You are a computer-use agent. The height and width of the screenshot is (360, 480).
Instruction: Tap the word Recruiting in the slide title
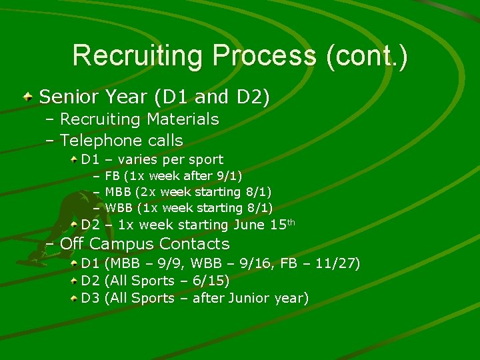tap(138, 55)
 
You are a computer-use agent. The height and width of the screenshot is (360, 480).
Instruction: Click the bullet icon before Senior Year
tap(27, 97)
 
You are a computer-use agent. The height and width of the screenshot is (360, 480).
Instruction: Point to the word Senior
tap(66, 97)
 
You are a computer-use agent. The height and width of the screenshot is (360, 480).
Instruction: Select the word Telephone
tap(99, 141)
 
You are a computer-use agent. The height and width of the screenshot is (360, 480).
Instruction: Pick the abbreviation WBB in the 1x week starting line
tap(119, 208)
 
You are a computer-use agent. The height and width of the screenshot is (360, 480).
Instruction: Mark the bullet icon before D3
tap(75, 298)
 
